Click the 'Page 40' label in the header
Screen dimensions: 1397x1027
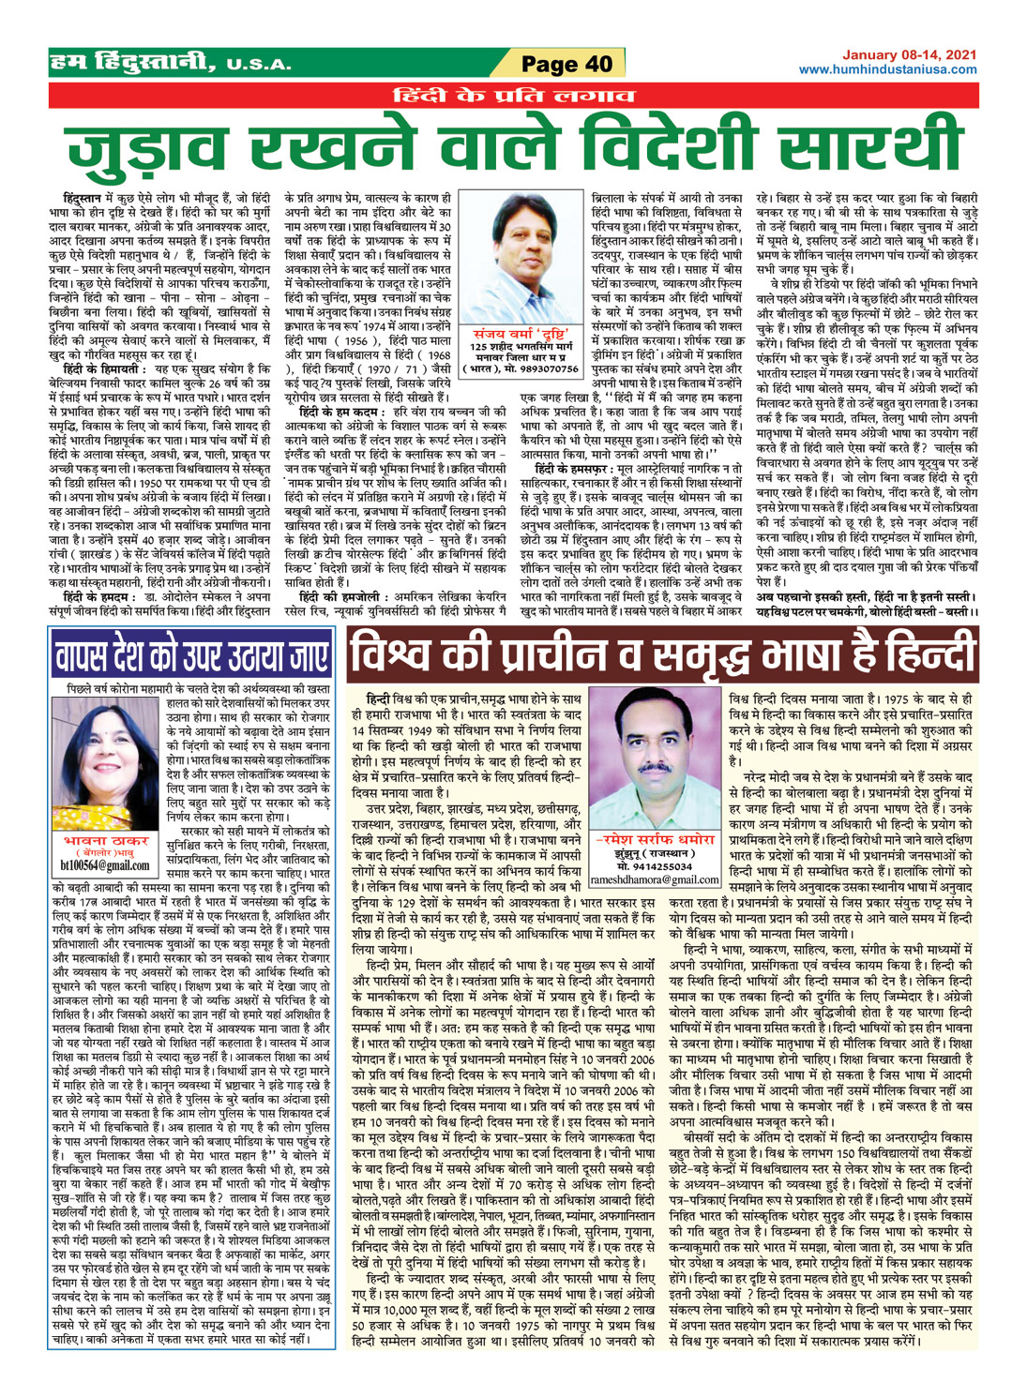click(x=566, y=64)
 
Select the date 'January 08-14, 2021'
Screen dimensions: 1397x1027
click(x=909, y=55)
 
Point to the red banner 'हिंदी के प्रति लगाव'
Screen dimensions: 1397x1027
click(x=514, y=95)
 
